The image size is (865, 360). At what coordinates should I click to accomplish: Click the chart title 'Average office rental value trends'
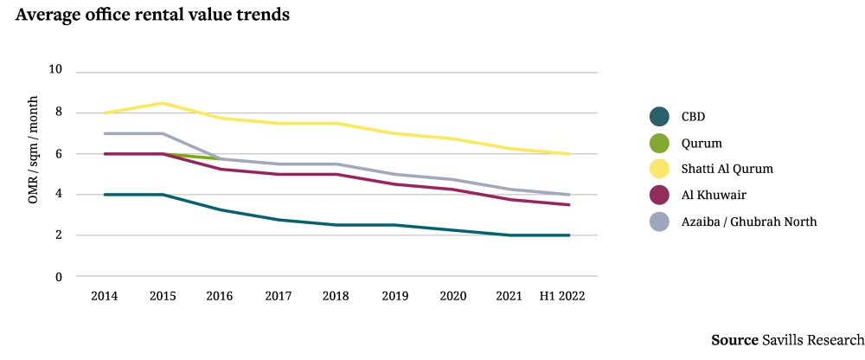pyautogui.click(x=152, y=15)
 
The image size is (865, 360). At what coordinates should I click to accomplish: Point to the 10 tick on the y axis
pyautogui.click(x=57, y=70)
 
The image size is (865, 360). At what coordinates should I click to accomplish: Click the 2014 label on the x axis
pyautogui.click(x=105, y=296)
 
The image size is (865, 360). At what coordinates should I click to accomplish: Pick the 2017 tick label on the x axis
pyautogui.click(x=278, y=296)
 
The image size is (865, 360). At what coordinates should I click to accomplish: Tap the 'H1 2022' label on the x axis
pyautogui.click(x=562, y=296)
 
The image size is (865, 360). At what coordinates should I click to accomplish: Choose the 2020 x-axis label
pyautogui.click(x=452, y=296)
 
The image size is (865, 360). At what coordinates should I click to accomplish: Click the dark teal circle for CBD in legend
pyautogui.click(x=660, y=116)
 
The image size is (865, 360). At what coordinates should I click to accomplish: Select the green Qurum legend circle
pyautogui.click(x=660, y=143)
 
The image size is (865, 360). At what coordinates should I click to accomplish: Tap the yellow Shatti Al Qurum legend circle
pyautogui.click(x=660, y=169)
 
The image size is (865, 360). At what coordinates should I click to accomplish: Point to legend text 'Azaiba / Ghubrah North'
pyautogui.click(x=749, y=222)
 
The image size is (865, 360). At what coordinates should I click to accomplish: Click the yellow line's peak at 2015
pyautogui.click(x=163, y=103)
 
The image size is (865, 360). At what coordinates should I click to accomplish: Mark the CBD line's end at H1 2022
pyautogui.click(x=569, y=235)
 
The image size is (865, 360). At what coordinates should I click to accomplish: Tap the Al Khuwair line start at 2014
pyautogui.click(x=105, y=154)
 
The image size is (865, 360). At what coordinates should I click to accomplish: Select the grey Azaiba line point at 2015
pyautogui.click(x=163, y=133)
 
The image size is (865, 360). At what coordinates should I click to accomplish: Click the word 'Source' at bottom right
pyautogui.click(x=734, y=340)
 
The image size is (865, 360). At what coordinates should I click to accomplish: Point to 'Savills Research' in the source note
pyautogui.click(x=812, y=340)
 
